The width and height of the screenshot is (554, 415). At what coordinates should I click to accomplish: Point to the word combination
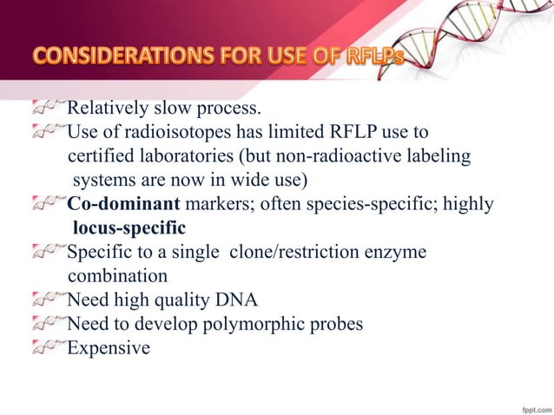click(x=117, y=277)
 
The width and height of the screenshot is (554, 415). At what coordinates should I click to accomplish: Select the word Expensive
click(x=109, y=349)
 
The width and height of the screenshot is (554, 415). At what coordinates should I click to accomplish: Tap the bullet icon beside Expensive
click(x=48, y=349)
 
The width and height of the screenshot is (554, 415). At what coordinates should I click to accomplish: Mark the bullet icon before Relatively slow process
click(x=48, y=109)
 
